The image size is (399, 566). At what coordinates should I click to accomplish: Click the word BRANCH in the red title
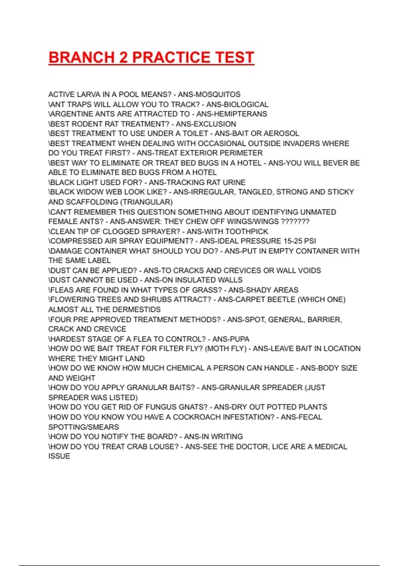(81, 57)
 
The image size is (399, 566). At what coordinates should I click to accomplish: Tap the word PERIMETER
(242, 153)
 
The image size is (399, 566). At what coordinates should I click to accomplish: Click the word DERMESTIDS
(136, 309)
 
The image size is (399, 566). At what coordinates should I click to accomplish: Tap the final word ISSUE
(59, 456)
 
